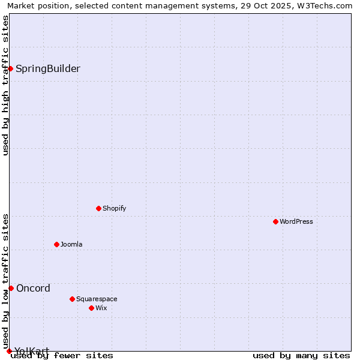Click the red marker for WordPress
pyautogui.click(x=275, y=221)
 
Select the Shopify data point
pyautogui.click(x=98, y=208)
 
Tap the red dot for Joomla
pyautogui.click(x=56, y=244)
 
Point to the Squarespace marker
pyautogui.click(x=72, y=299)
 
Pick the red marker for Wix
pyautogui.click(x=91, y=308)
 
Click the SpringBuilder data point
pyautogui.click(x=10, y=68)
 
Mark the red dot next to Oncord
pyautogui.click(x=11, y=288)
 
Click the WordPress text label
pyautogui.click(x=296, y=221)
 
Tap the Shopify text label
pyautogui.click(x=115, y=208)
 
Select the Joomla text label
pyautogui.click(x=71, y=244)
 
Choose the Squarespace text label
pyautogui.click(x=97, y=299)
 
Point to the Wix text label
pyautogui.click(x=101, y=308)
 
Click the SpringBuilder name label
pyautogui.click(x=48, y=68)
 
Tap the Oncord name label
pyautogui.click(x=34, y=288)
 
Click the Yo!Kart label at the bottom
pyautogui.click(x=32, y=351)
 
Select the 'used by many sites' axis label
pyautogui.click(x=301, y=356)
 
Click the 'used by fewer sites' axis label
pyautogui.click(x=62, y=356)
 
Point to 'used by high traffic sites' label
pyautogui.click(x=5, y=85)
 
